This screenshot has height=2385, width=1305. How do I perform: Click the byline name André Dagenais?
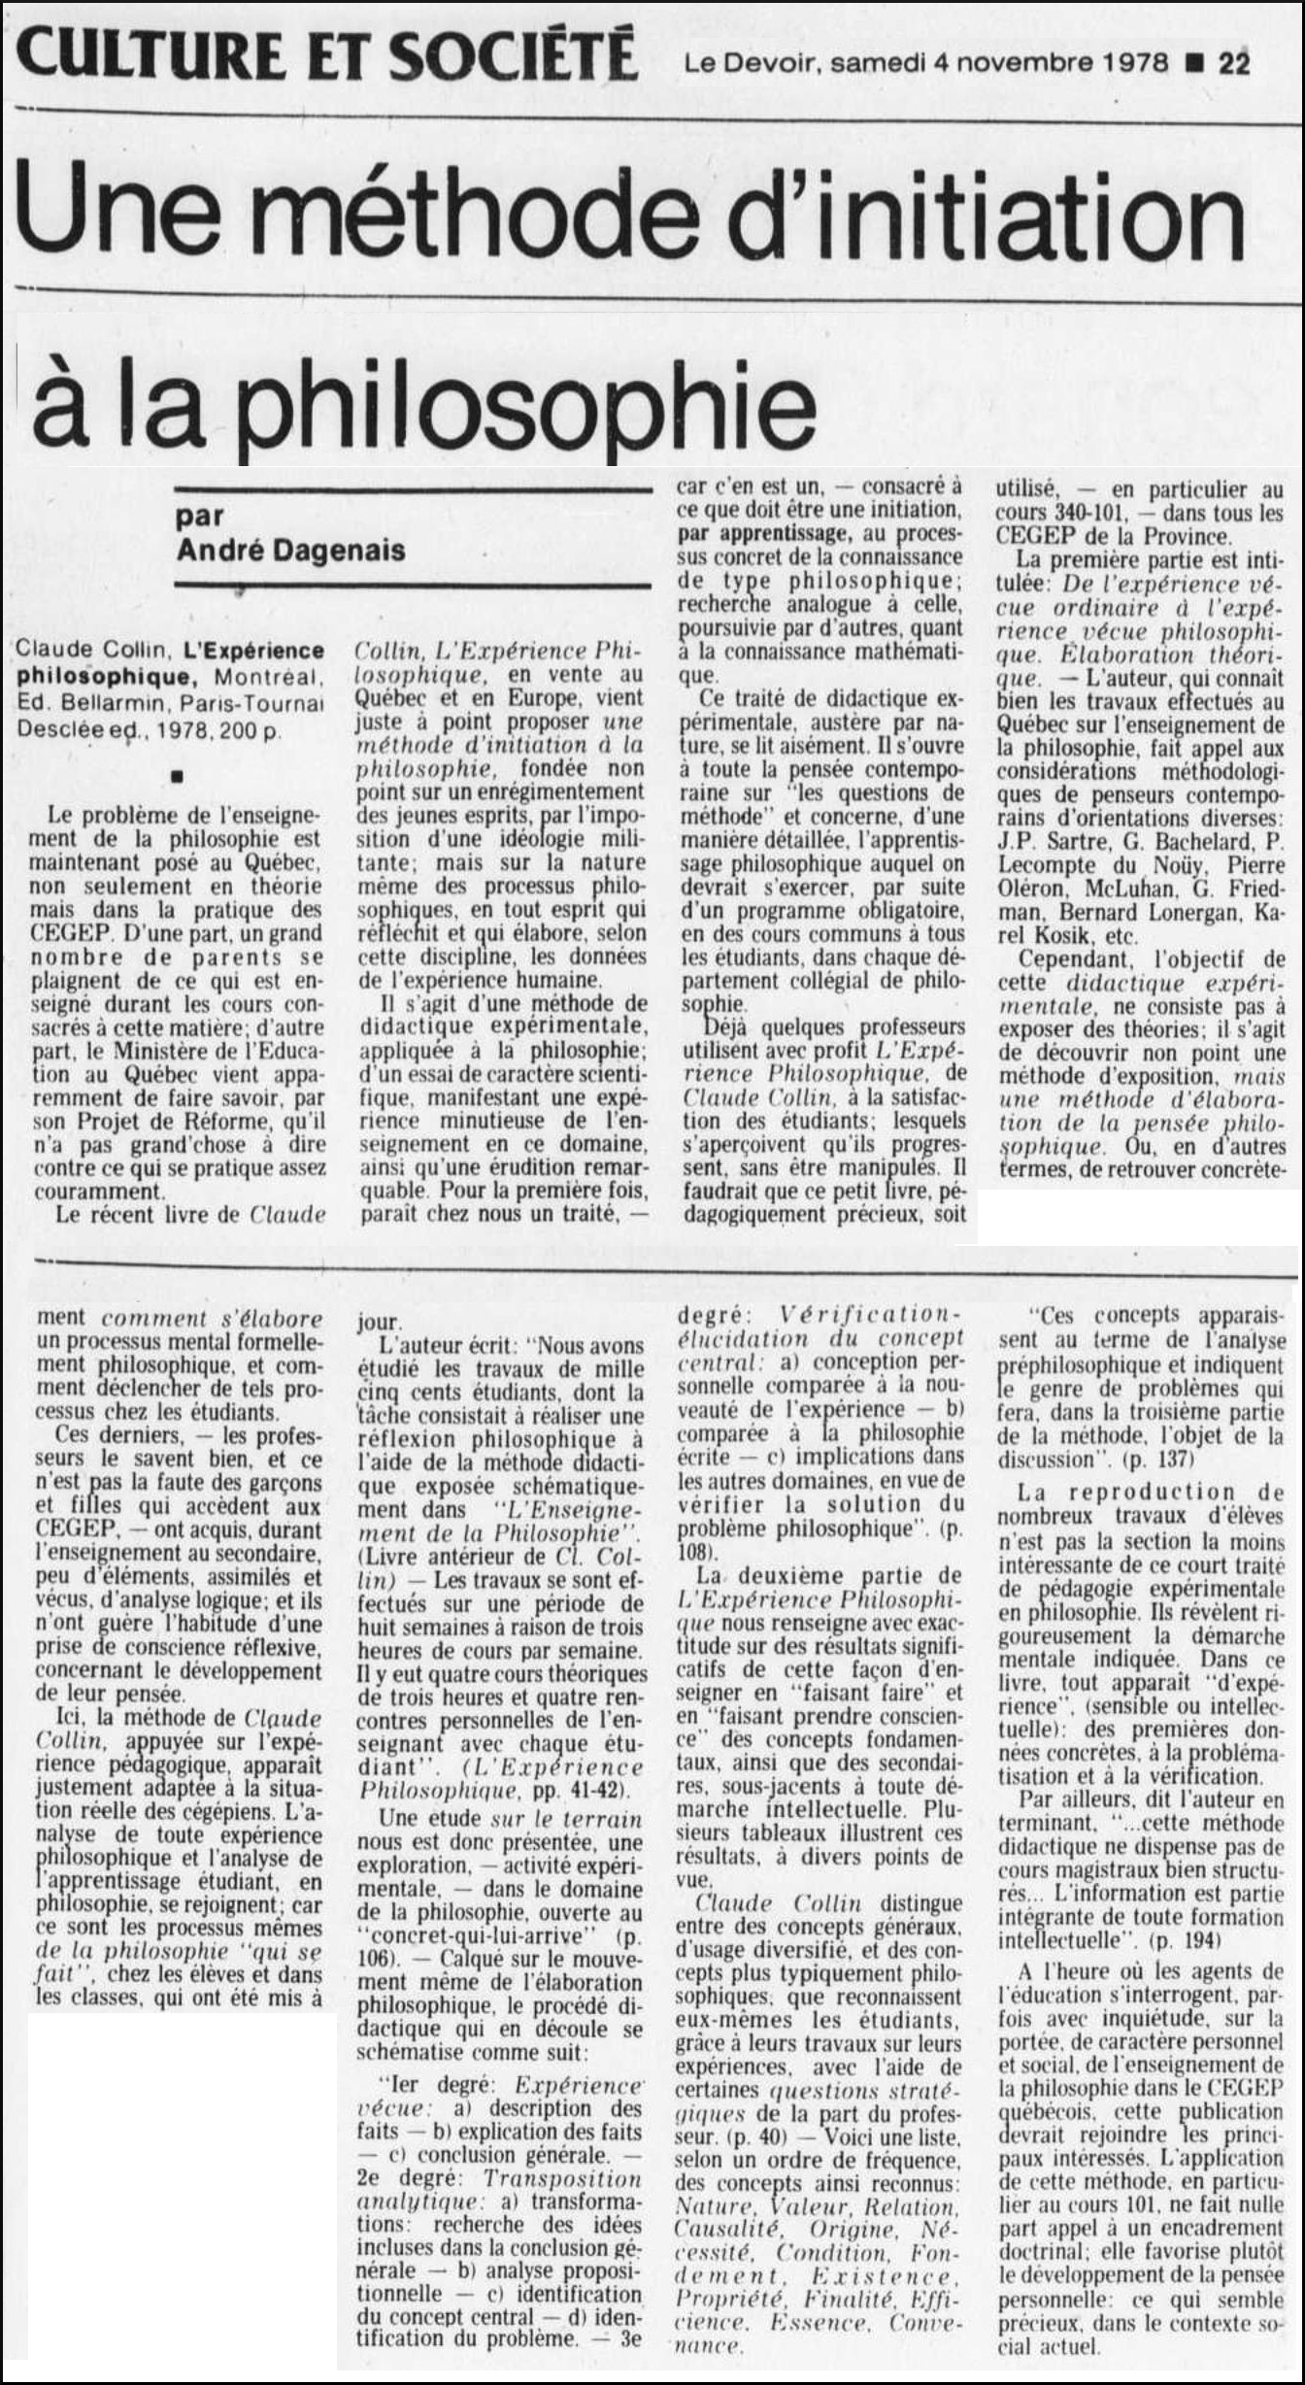click(x=291, y=551)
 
